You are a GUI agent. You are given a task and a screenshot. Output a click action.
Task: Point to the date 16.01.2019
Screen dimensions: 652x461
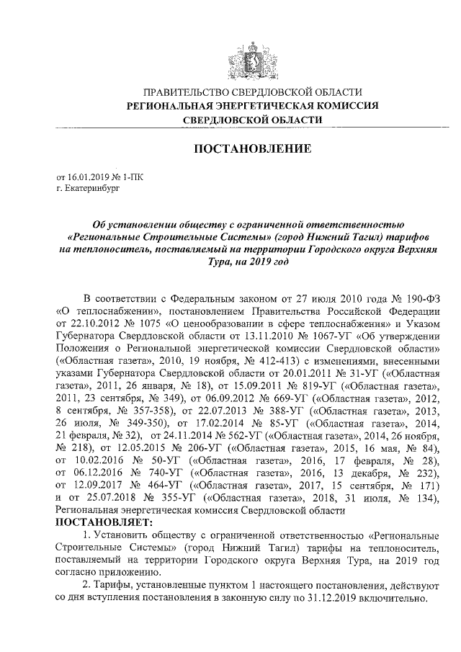coord(86,176)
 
